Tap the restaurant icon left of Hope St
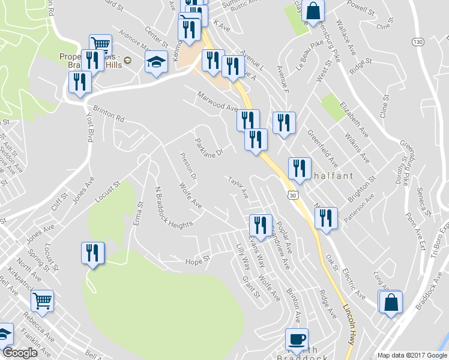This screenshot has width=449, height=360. [x=93, y=253]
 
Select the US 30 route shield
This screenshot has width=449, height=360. [x=292, y=195]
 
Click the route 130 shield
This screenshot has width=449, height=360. [x=418, y=41]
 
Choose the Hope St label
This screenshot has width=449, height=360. [x=197, y=260]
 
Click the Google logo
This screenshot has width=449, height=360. [x=20, y=353]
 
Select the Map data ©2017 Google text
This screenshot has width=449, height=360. [x=411, y=355]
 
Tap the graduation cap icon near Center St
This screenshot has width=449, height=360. [x=156, y=62]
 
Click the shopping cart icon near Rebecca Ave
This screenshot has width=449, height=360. [x=42, y=301]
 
